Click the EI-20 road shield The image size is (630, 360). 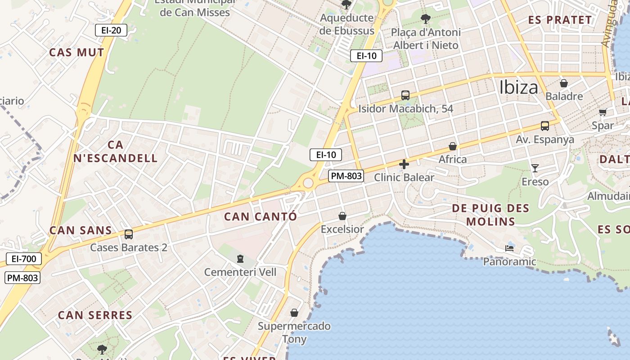coord(111,30)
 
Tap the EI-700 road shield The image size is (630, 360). coord(24,259)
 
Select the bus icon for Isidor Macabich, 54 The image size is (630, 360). coord(405,95)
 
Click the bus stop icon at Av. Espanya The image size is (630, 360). coord(545,126)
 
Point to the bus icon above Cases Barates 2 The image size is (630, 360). coord(129,234)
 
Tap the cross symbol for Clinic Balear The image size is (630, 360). coord(404,164)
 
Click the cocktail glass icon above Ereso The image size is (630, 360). coord(535,168)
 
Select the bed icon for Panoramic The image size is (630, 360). coord(509,248)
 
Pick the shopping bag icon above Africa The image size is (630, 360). coord(453,146)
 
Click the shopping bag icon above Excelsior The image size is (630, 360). coord(342,216)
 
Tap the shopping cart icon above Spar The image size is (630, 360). coord(603,112)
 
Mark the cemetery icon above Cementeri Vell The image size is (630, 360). coord(240,259)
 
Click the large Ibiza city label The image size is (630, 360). coord(518,87)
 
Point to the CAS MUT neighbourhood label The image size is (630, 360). coord(76,52)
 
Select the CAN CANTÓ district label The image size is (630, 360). coord(261,216)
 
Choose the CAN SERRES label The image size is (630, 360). coord(95,315)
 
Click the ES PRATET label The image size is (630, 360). coord(560,20)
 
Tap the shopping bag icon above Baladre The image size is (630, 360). coord(563,83)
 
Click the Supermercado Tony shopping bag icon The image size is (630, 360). coord(294,312)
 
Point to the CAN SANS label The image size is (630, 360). coord(81,230)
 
